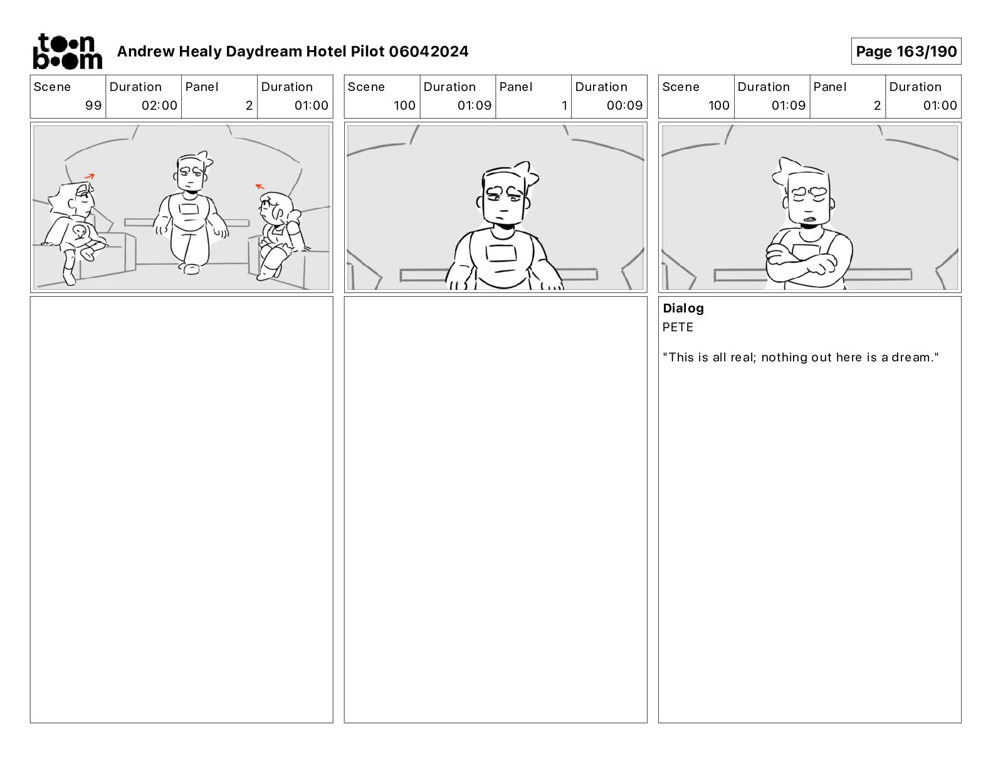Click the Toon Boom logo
pos(68,51)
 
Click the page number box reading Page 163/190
pos(906,51)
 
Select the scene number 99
pos(93,105)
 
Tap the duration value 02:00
pos(159,105)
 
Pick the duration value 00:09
pos(624,105)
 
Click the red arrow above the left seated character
pos(89,176)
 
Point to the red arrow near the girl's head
pos(260,186)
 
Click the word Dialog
pos(683,308)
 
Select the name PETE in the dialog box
pos(678,327)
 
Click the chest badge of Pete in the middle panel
pos(501,253)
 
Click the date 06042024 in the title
pos(429,51)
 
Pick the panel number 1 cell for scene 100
pos(533,97)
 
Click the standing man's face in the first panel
pos(190,174)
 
